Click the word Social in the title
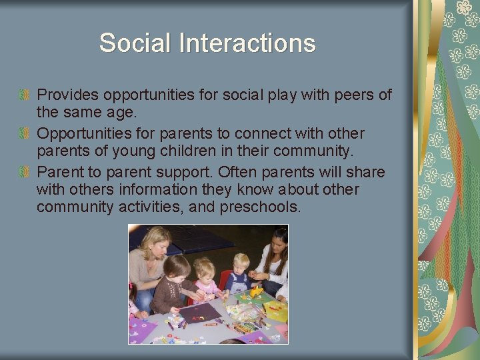point(135,43)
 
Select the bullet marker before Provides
point(25,95)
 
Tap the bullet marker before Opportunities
point(25,134)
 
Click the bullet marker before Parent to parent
point(25,173)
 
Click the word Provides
point(67,95)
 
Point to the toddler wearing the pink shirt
point(205,280)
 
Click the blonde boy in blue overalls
point(239,273)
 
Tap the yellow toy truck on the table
point(256,292)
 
